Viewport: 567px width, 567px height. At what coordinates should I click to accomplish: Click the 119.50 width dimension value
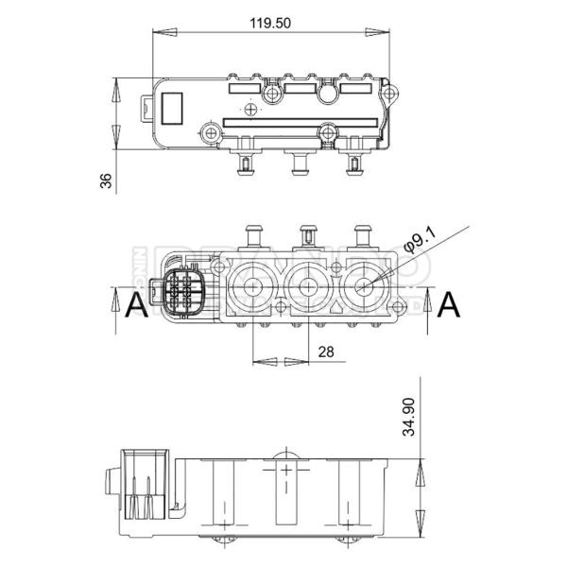coord(271,24)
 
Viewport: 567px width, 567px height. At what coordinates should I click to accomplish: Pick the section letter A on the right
coord(452,305)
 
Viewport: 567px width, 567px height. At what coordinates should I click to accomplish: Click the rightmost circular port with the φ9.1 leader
coord(362,283)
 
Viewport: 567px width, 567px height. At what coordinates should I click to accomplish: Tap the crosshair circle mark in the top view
coord(249,110)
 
